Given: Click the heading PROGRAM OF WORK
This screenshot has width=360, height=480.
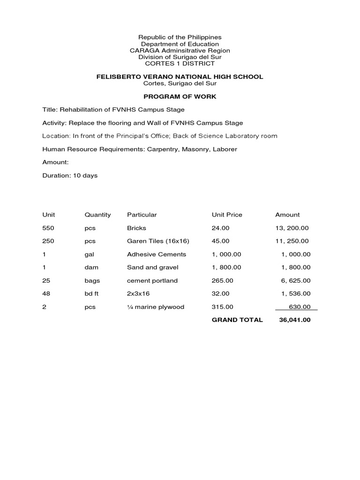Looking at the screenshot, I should pyautogui.click(x=180, y=97).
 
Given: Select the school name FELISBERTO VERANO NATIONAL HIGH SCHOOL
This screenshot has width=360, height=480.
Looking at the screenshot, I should pyautogui.click(x=180, y=76).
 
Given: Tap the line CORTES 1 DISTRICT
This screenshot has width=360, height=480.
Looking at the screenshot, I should pyautogui.click(x=180, y=63).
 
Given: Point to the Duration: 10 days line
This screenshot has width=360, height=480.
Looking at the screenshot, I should pyautogui.click(x=70, y=175).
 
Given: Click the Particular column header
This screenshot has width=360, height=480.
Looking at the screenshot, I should pyautogui.click(x=142, y=215).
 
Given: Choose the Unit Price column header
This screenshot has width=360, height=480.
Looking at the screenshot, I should pyautogui.click(x=227, y=215).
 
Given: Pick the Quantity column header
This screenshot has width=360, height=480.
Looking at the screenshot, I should pyautogui.click(x=97, y=215).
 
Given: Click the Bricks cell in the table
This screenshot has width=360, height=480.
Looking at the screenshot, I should pyautogui.click(x=136, y=228).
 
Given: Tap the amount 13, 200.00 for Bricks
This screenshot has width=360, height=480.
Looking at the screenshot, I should pyautogui.click(x=292, y=228).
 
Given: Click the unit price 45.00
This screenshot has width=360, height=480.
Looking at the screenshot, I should pyautogui.click(x=221, y=241).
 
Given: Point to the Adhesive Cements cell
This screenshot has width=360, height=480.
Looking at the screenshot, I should pyautogui.click(x=157, y=254).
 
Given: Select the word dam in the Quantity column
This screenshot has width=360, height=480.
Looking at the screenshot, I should pyautogui.click(x=90, y=267).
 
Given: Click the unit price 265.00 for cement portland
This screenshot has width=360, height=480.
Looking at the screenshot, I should pyautogui.click(x=223, y=280).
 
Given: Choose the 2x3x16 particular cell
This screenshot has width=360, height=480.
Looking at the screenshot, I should pyautogui.click(x=138, y=293).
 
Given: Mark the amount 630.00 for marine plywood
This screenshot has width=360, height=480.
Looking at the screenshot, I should pyautogui.click(x=300, y=307).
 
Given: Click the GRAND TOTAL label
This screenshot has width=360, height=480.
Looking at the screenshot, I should pyautogui.click(x=237, y=320).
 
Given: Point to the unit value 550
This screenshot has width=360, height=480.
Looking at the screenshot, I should pyautogui.click(x=48, y=228).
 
